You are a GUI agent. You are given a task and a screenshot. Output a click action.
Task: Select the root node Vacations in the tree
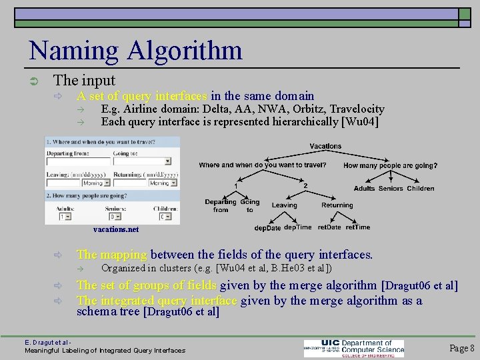(325, 146)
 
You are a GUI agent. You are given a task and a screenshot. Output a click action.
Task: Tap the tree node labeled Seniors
(391, 189)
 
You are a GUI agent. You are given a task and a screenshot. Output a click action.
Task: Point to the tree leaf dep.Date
(268, 227)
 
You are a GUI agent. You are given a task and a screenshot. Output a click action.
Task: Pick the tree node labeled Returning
(337, 205)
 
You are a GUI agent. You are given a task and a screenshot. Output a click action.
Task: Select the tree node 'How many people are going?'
(391, 165)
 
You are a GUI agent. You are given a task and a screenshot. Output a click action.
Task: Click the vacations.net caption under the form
(116, 229)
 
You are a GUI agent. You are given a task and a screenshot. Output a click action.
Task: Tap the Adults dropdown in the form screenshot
(65, 217)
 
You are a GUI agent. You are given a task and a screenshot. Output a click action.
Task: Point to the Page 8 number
(462, 347)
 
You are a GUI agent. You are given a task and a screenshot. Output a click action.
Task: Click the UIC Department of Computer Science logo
(354, 348)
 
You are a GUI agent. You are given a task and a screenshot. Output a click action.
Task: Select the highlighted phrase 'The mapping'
(111, 254)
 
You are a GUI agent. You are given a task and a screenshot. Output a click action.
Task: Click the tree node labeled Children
(421, 189)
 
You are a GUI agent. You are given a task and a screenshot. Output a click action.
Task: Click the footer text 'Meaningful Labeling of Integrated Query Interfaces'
(105, 350)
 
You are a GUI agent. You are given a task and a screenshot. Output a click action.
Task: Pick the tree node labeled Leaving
(285, 205)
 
